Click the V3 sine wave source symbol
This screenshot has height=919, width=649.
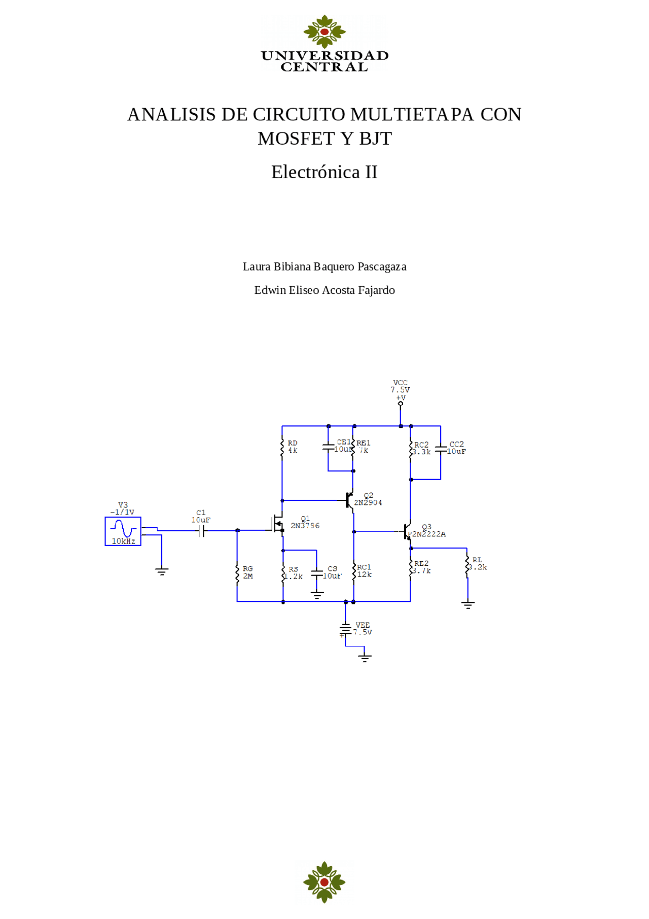[123, 531]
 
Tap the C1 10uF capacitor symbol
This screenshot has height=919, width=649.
[201, 531]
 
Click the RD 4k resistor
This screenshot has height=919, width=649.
[282, 448]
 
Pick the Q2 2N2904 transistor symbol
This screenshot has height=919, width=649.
[349, 500]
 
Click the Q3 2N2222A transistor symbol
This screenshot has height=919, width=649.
[407, 532]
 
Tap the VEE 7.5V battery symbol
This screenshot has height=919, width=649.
[345, 629]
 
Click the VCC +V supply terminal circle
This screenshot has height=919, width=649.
[401, 403]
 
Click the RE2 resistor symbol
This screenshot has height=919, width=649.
[411, 568]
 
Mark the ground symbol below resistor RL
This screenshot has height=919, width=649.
[467, 604]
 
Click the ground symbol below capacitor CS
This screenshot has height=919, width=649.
[317, 595]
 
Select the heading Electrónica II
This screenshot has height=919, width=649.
[324, 172]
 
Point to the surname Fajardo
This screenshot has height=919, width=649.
[376, 290]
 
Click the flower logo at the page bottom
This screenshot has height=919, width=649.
[324, 881]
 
